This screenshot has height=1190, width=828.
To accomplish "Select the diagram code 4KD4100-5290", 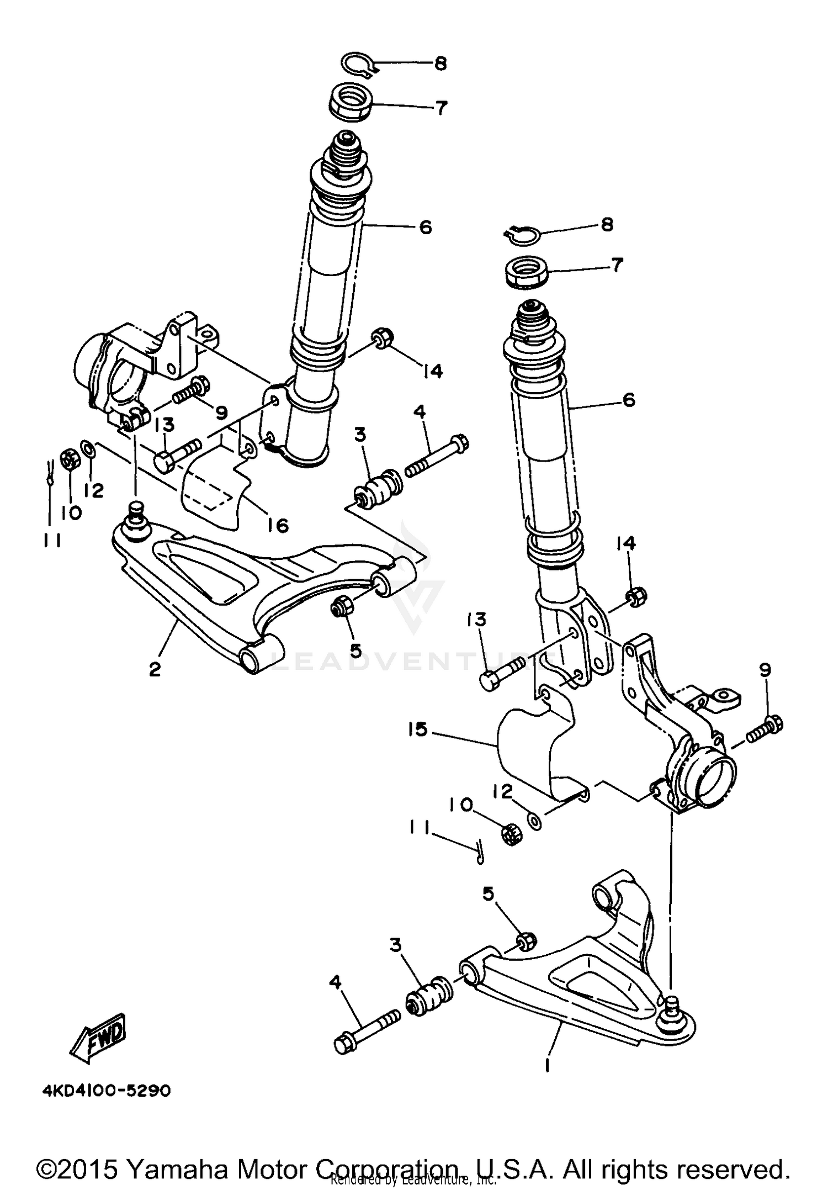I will [107, 1091].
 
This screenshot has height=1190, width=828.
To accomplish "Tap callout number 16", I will [278, 525].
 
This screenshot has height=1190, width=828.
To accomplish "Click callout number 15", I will [418, 729].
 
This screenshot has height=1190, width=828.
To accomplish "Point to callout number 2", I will [155, 669].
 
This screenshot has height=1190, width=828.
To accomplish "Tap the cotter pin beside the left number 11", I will [49, 473].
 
